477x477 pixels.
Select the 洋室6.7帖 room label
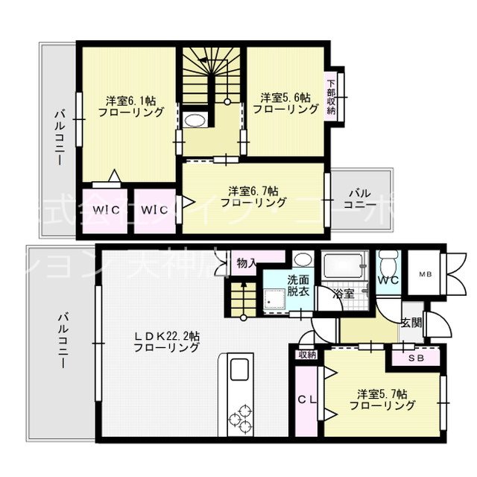pyautogui.click(x=254, y=196)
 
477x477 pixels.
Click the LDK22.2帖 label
pyautogui.click(x=166, y=341)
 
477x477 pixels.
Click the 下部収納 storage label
pyautogui.click(x=331, y=95)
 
